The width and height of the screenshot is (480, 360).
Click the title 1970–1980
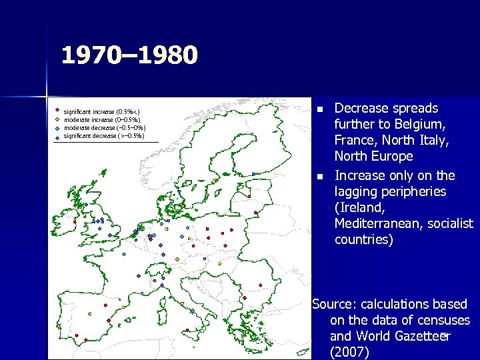tap(129, 55)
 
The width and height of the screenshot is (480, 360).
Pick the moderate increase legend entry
tap(101, 119)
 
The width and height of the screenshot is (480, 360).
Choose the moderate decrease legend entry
tap(104, 127)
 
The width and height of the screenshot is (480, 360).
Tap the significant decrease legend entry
tap(103, 135)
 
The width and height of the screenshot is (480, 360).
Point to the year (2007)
tap(349, 352)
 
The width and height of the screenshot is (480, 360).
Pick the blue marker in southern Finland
tap(254, 174)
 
